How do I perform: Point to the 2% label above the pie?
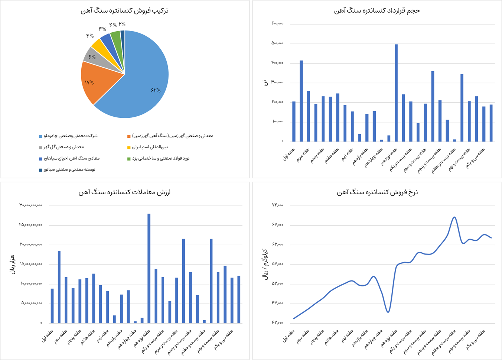(122, 24)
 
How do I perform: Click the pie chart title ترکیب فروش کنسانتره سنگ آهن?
(125, 10)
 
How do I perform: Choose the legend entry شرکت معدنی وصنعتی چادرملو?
(71, 136)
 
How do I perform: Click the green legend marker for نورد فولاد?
(129, 159)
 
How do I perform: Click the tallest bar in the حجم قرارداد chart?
(396, 93)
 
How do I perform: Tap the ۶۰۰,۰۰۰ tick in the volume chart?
(277, 24)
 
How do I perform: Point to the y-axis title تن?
(265, 82)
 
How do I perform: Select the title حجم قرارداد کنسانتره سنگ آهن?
(377, 10)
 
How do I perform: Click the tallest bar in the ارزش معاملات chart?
(149, 267)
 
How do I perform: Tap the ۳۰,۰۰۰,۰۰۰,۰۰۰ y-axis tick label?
(31, 205)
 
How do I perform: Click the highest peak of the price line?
(454, 217)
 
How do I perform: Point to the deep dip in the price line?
(388, 311)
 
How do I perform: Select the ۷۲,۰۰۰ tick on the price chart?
(277, 205)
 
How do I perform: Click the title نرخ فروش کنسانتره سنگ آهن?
(377, 192)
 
